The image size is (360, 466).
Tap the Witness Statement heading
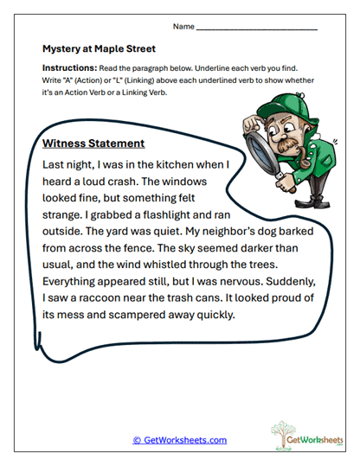click(x=93, y=143)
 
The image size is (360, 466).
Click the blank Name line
click(x=257, y=29)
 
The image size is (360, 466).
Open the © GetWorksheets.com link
click(x=179, y=440)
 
